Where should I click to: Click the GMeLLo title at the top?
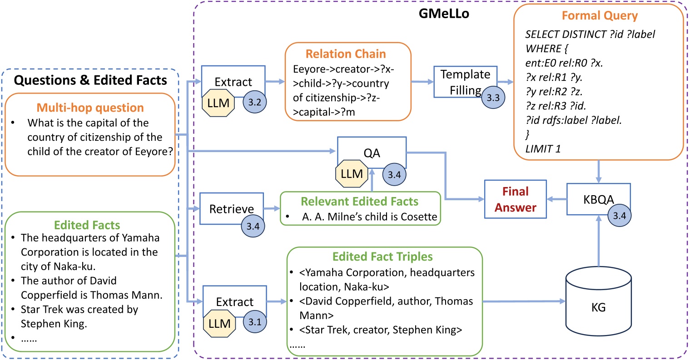click(443, 14)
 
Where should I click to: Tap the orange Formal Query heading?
click(599, 16)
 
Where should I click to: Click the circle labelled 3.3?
click(493, 97)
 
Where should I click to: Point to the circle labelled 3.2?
click(255, 102)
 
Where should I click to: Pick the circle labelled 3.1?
click(255, 322)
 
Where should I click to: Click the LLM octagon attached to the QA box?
click(352, 174)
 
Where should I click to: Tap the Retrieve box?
click(231, 209)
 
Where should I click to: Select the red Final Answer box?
click(515, 199)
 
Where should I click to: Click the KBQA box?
click(598, 199)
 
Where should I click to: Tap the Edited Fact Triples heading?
click(382, 257)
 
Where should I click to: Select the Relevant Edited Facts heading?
click(359, 201)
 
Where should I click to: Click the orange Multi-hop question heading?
click(90, 108)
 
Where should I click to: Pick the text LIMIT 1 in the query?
click(543, 148)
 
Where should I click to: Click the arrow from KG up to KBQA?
click(598, 241)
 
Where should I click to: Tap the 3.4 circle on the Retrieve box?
click(253, 226)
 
